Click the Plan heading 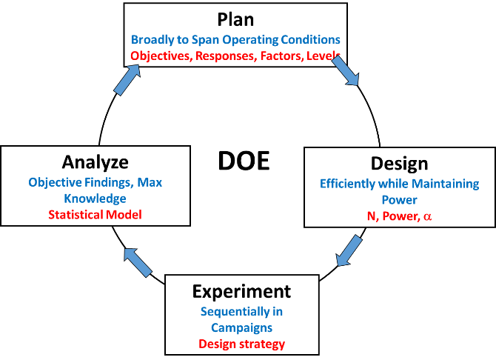(x=235, y=19)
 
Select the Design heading (x=399, y=163)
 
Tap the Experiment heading (x=242, y=291)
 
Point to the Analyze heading (x=95, y=162)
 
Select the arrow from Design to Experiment (x=349, y=250)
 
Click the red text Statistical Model (x=95, y=216)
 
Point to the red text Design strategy (x=242, y=344)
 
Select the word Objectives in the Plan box (x=161, y=56)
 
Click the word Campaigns (x=242, y=327)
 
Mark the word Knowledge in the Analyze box (x=95, y=199)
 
